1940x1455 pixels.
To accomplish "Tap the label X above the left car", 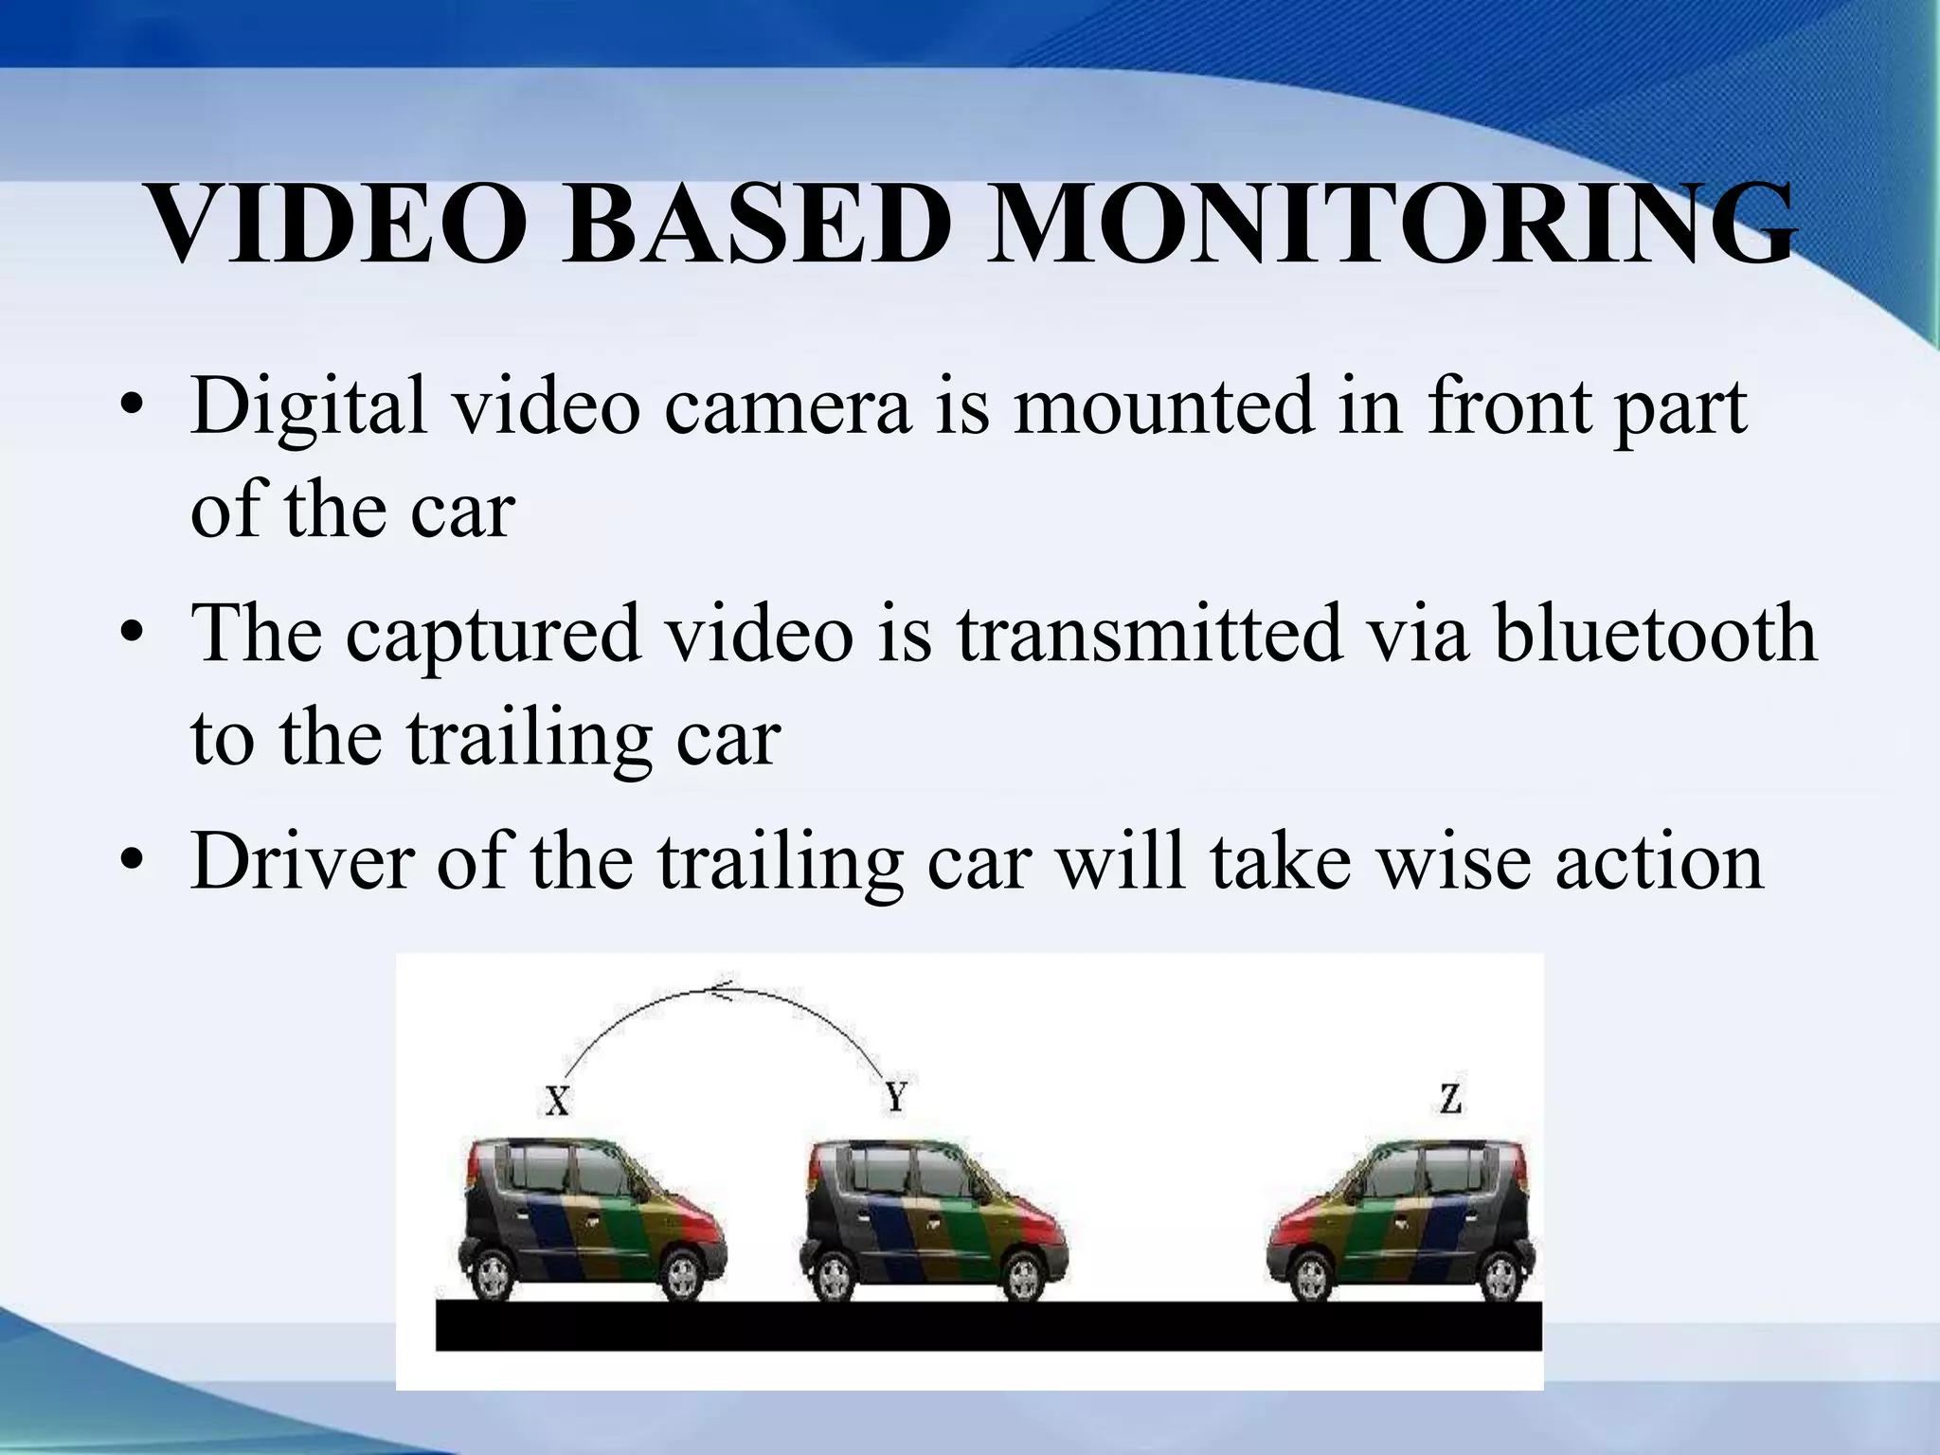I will (557, 1101).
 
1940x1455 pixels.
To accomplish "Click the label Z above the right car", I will (1449, 1099).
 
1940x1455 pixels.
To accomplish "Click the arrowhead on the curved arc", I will (722, 991).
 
